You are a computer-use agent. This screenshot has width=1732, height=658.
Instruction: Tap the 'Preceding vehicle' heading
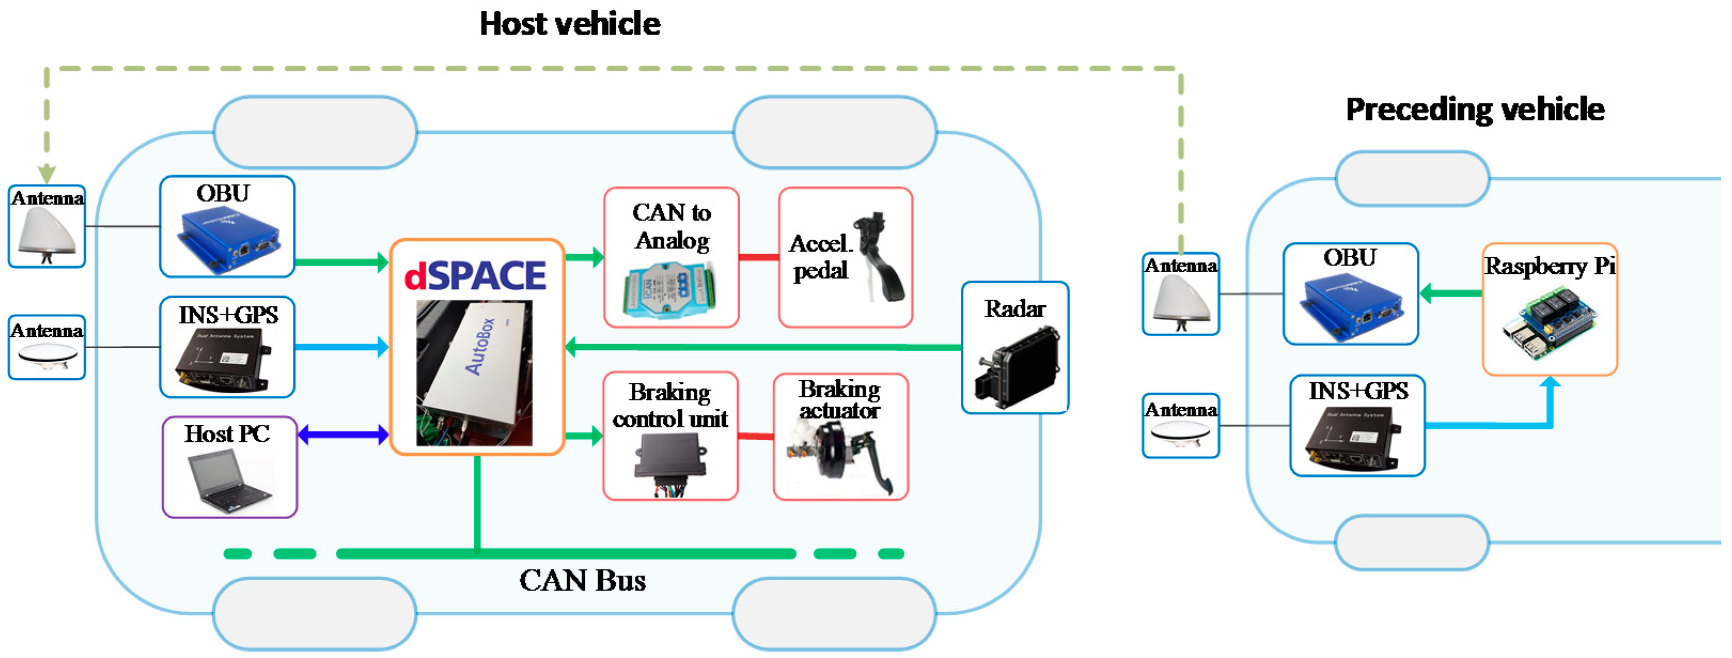tap(1475, 109)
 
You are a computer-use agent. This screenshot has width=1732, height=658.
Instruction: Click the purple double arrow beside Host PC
tap(343, 435)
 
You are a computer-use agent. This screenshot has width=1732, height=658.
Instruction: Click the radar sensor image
tap(1017, 366)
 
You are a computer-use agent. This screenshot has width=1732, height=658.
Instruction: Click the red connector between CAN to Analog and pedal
tap(758, 257)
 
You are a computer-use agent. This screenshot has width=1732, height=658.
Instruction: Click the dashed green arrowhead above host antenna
tap(46, 173)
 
